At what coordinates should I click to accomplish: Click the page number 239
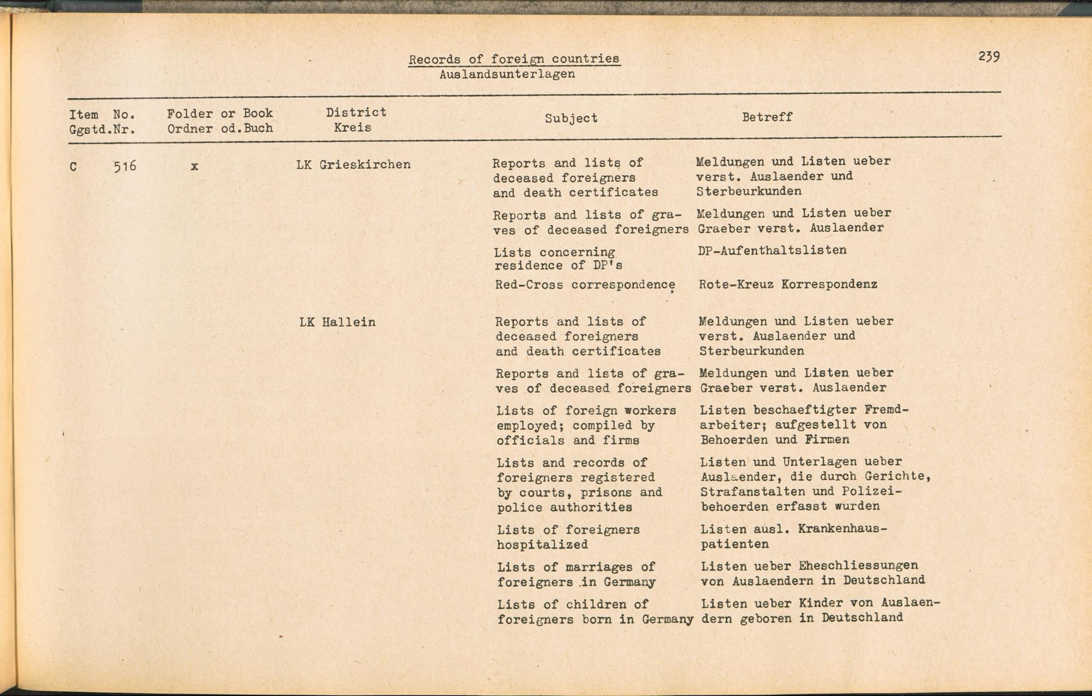989,56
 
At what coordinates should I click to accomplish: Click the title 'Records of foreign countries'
514,59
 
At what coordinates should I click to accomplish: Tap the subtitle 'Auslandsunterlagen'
507,74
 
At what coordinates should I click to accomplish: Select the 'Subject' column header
571,118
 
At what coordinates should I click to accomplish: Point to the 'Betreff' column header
767,117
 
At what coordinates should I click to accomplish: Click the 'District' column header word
356,113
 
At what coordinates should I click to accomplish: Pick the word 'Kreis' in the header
352,128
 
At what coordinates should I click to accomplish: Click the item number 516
124,166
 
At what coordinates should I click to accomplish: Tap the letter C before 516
73,167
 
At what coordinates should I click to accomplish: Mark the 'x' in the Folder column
194,166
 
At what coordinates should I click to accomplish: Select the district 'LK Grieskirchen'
353,164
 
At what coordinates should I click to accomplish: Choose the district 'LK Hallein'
337,322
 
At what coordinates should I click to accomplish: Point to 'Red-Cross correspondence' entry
585,285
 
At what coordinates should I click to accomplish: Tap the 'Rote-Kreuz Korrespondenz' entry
788,284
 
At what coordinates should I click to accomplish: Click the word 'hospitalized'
542,545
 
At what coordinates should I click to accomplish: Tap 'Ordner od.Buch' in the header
219,129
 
